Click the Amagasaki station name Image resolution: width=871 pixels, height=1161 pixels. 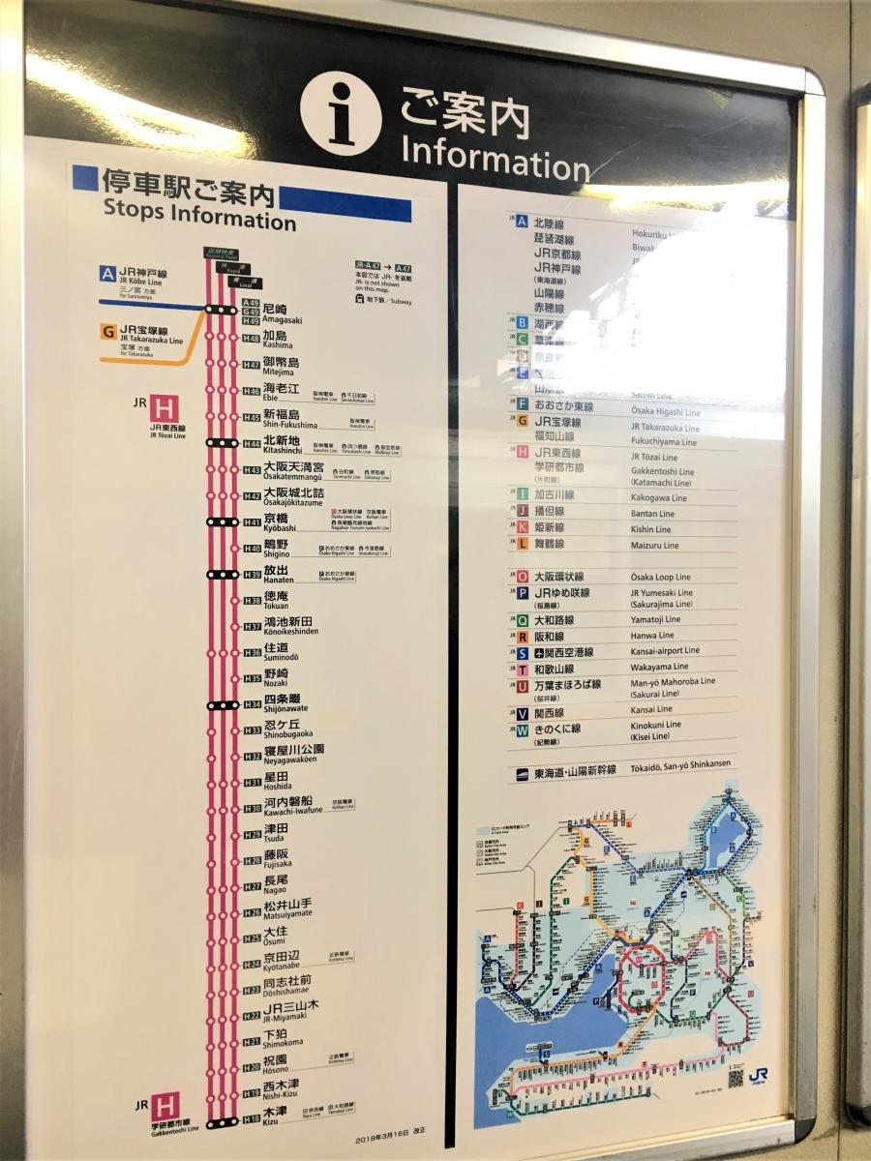pyautogui.click(x=282, y=314)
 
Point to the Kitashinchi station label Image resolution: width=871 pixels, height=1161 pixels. pyautogui.click(x=282, y=445)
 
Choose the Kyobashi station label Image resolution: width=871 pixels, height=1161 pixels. pyautogui.click(x=280, y=523)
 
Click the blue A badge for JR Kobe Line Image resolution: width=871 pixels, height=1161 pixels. pyautogui.click(x=107, y=274)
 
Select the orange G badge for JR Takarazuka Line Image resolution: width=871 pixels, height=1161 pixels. pyautogui.click(x=107, y=332)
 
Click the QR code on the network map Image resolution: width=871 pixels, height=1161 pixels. pyautogui.click(x=736, y=1077)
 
